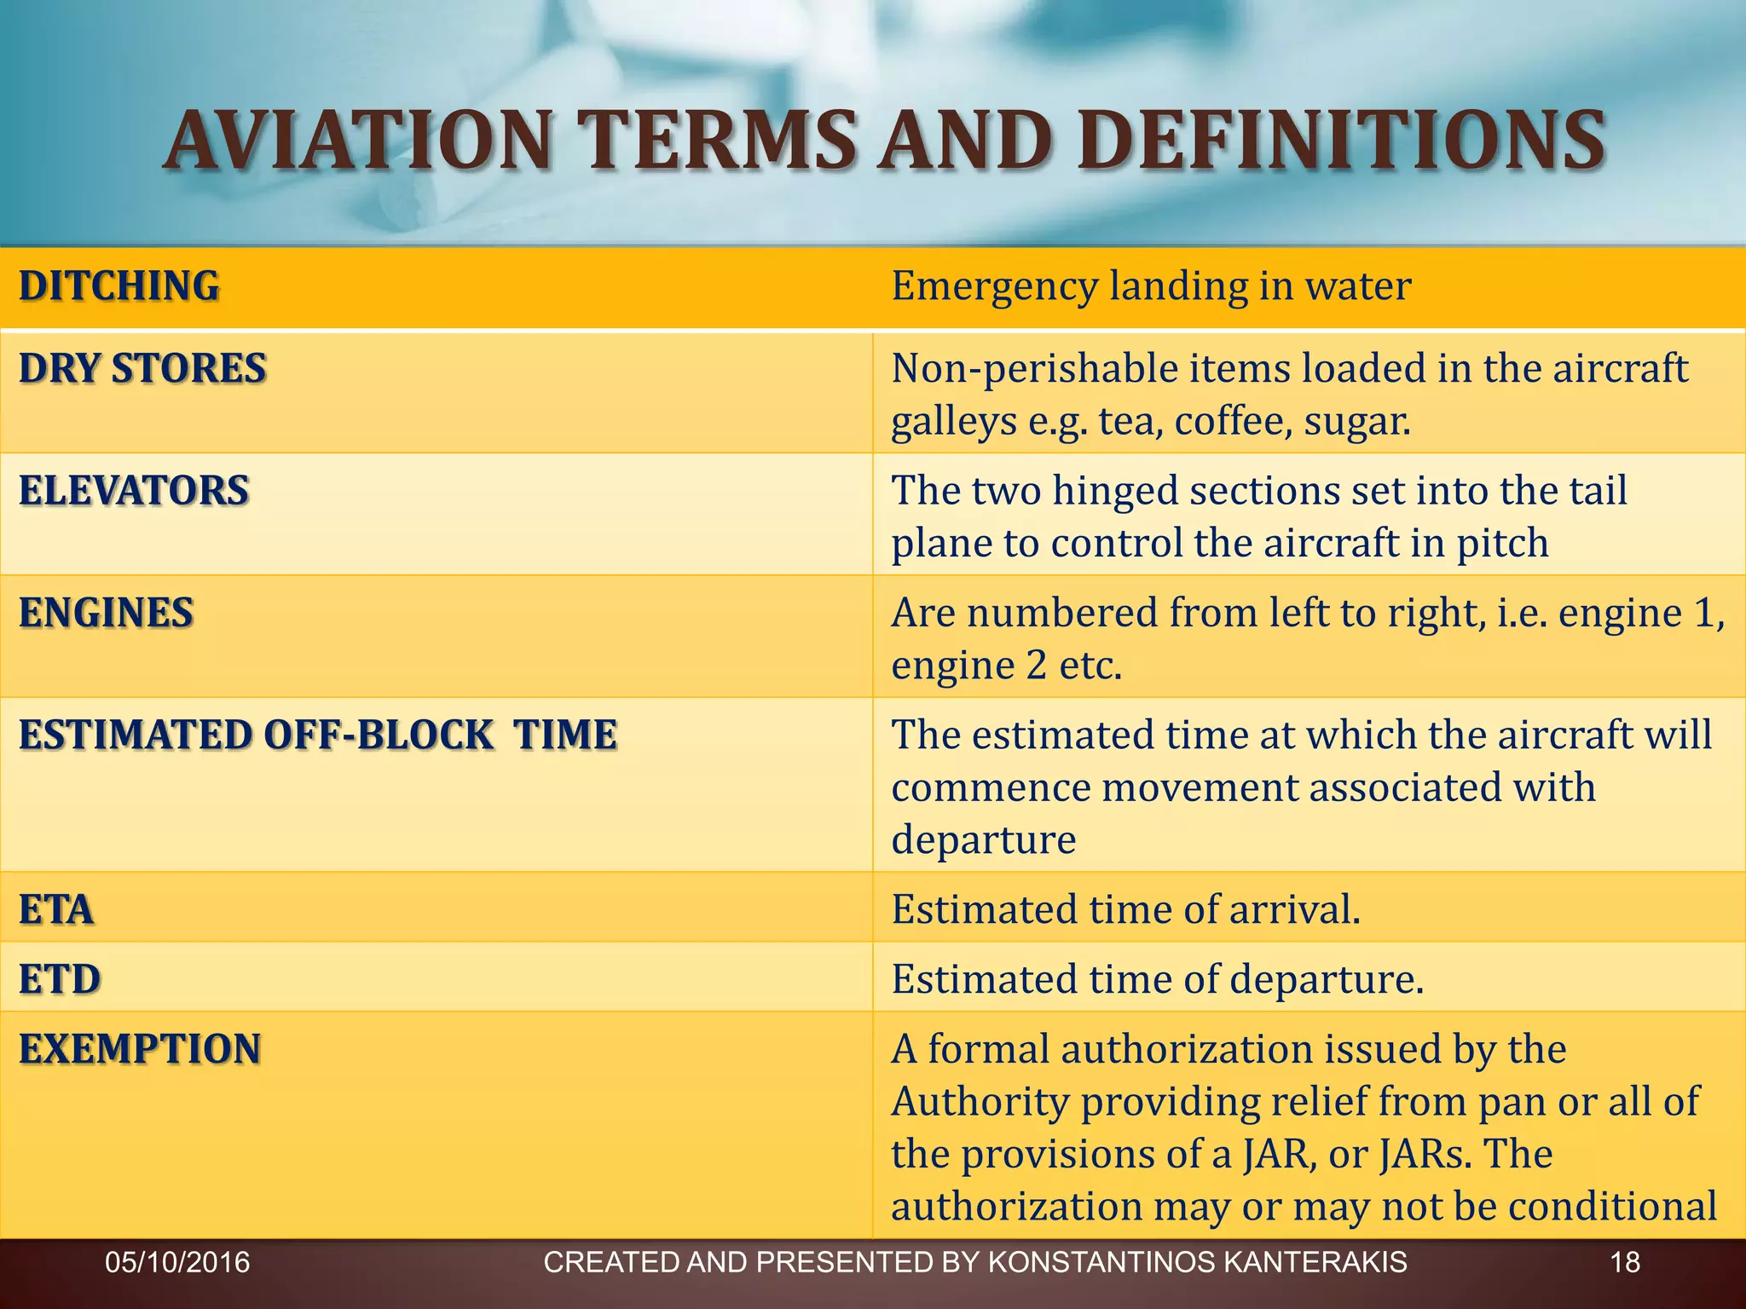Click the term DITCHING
point(119,286)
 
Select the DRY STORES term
point(142,369)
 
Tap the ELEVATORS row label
point(134,491)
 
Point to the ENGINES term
point(107,614)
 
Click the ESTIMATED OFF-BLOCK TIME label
point(318,735)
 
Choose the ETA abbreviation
point(56,910)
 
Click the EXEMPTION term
point(140,1049)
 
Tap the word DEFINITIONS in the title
point(1341,141)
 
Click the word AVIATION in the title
point(359,141)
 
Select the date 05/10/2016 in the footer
point(177,1262)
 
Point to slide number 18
point(1625,1262)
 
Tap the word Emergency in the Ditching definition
point(994,287)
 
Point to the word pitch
point(1501,544)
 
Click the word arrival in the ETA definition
point(1294,910)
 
